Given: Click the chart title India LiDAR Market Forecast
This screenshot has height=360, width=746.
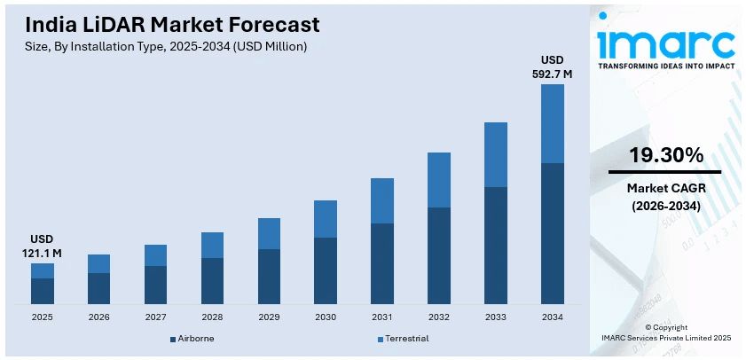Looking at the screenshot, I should (168, 24).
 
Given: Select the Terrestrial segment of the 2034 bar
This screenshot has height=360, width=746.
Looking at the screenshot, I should (553, 123).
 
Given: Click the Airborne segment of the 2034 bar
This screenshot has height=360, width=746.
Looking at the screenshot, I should (553, 233).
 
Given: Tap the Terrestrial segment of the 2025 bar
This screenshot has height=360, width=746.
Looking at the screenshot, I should (42, 270).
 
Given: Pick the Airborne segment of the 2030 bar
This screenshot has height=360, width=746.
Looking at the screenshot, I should (326, 270).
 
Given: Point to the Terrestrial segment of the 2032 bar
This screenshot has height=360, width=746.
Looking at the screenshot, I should (439, 180).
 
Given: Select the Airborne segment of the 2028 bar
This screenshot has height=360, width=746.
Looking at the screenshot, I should (212, 281).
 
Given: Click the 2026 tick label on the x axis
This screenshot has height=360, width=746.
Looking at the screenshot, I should (98, 317).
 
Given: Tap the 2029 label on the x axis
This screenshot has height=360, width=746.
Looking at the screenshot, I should (269, 317).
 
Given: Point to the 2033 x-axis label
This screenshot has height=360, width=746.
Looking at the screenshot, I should (496, 317).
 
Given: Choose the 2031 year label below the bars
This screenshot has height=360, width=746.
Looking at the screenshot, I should (382, 317).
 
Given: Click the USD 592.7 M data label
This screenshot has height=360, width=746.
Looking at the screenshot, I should (553, 67).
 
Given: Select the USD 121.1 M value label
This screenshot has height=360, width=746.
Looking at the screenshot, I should (42, 247).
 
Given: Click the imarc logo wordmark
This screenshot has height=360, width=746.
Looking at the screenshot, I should (665, 41).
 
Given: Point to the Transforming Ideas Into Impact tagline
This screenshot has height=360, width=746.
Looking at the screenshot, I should (665, 66).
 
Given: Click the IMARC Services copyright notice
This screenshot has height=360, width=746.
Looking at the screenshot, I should (665, 338).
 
